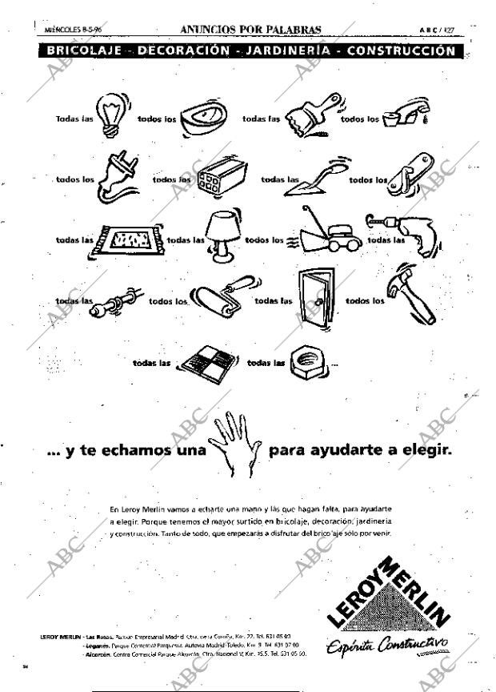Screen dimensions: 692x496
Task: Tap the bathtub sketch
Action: point(203,118)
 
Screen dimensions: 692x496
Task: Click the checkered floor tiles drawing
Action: point(210,362)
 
